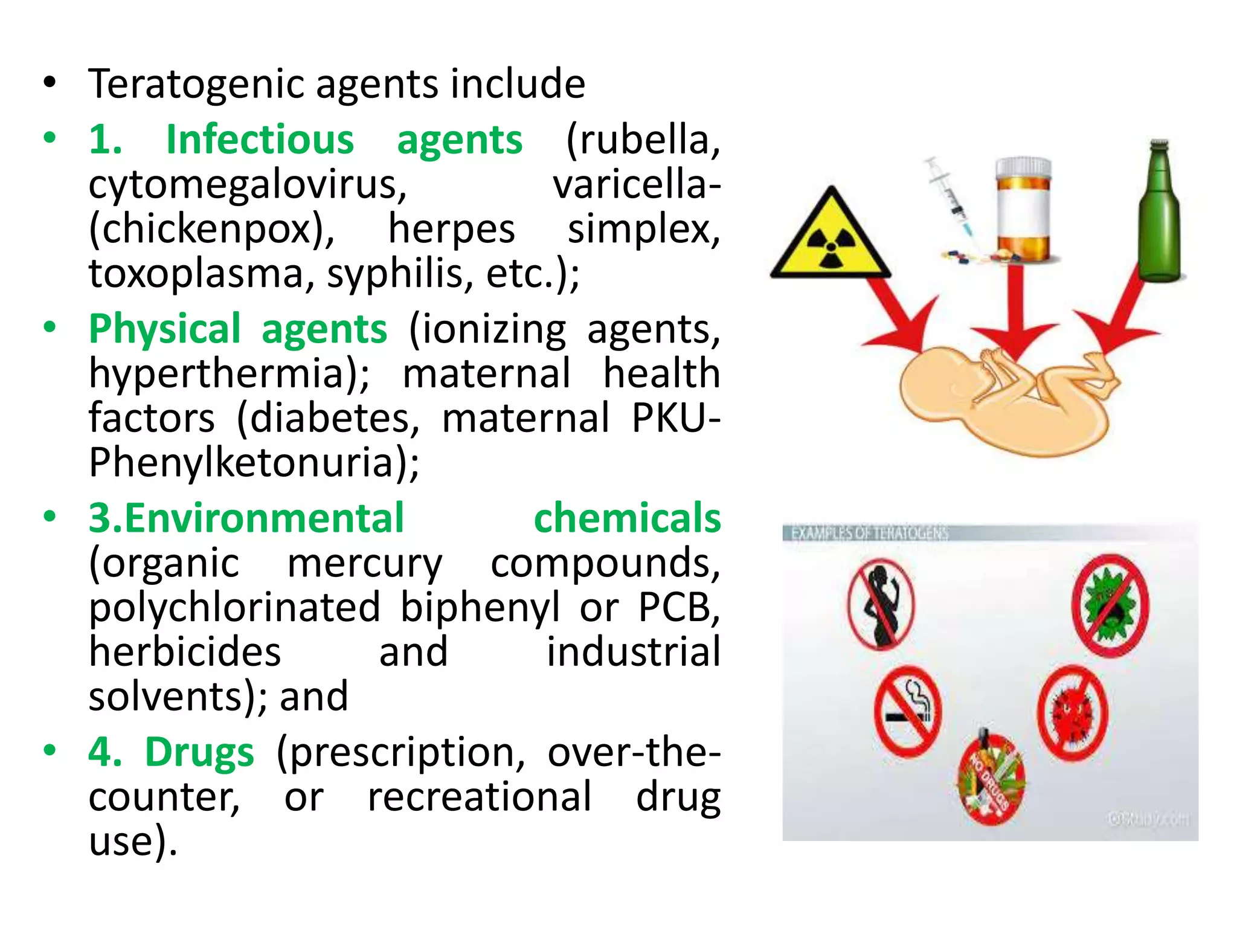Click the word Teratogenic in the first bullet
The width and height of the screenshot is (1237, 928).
coord(197,85)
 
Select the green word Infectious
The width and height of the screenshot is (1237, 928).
coord(260,140)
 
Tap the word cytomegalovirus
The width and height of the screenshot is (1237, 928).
coord(248,185)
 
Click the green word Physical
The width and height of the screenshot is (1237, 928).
coord(165,329)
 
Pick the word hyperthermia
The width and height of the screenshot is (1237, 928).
coord(230,373)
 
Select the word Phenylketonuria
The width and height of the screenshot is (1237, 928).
coord(254,463)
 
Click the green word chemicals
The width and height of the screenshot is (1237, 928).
coord(627,518)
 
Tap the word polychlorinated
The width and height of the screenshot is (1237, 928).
coord(234,607)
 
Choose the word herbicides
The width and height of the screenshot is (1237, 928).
coord(185,652)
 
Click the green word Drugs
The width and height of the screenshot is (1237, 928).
coord(199,753)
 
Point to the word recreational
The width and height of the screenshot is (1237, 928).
coord(480,797)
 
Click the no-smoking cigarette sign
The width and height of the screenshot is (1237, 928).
coord(907,710)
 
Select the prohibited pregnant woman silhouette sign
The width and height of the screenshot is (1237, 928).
coord(881,604)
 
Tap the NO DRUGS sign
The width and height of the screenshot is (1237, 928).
coord(991,779)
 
